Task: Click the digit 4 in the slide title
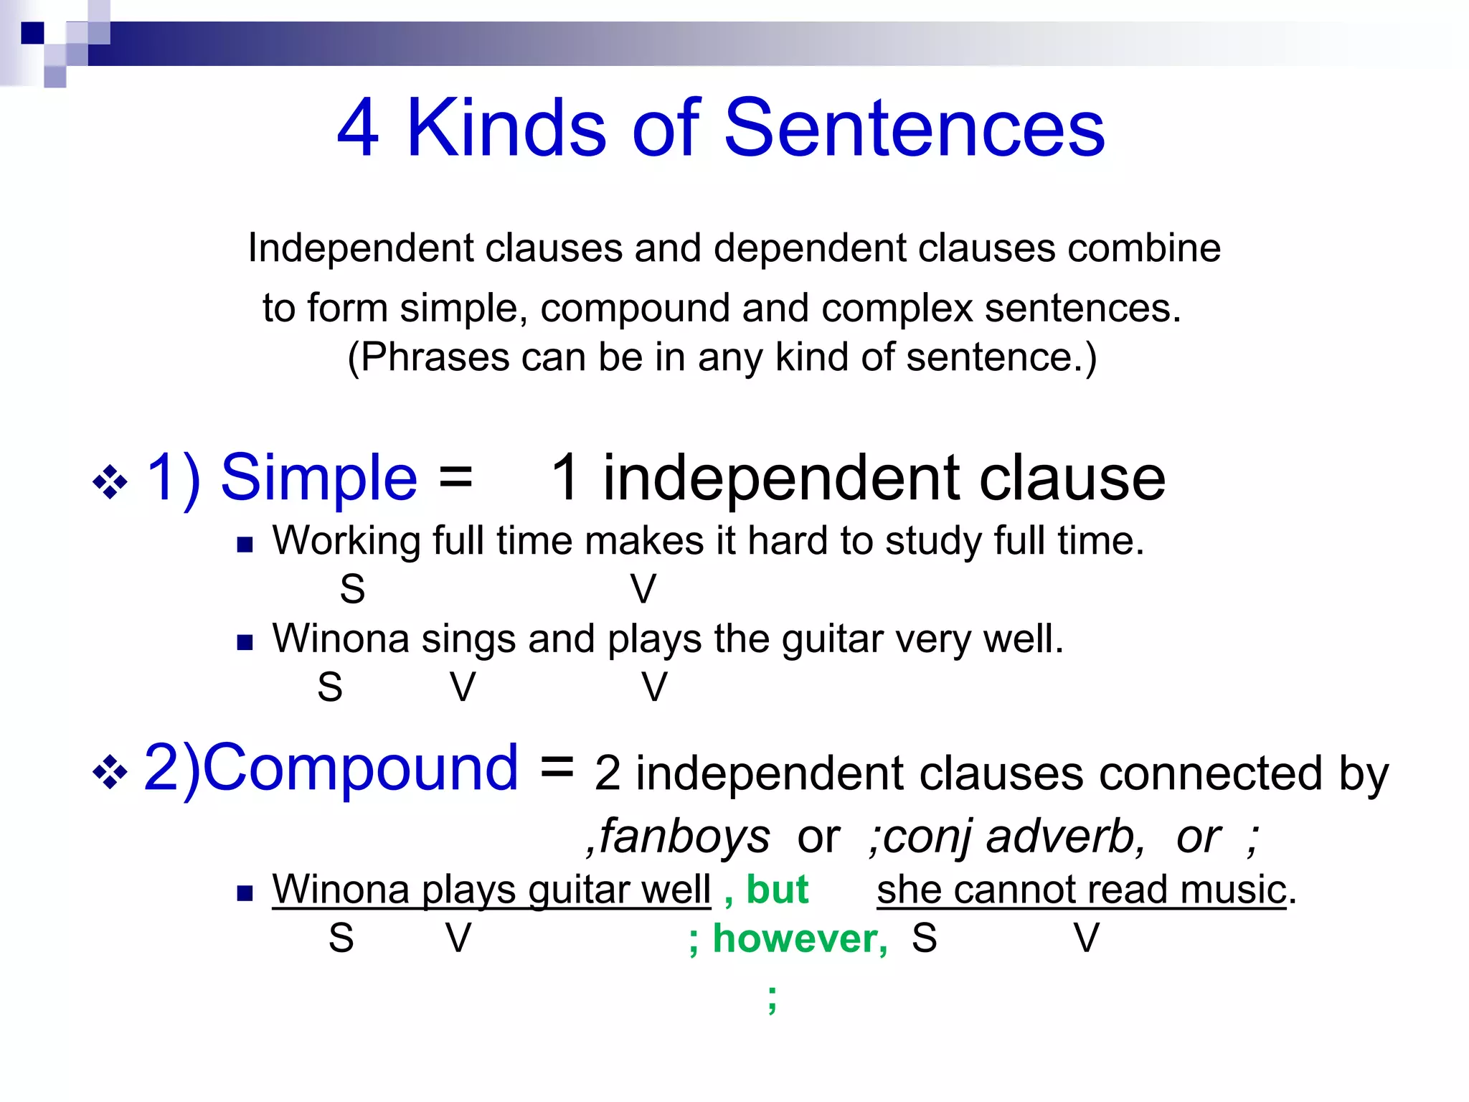(x=358, y=128)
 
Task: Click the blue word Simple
(x=318, y=479)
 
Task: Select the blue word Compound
(x=362, y=768)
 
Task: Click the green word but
(x=777, y=890)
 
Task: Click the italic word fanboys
(x=684, y=837)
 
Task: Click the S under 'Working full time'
(x=352, y=590)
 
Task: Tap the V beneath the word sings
(x=463, y=687)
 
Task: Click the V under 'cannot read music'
(x=1086, y=938)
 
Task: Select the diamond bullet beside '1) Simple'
(x=110, y=482)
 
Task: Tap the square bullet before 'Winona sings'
(x=245, y=642)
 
